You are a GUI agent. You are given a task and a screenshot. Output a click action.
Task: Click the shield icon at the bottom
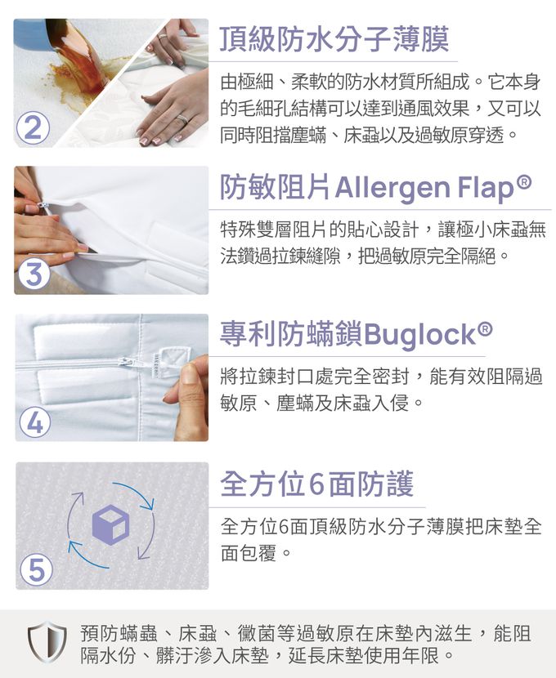click(x=47, y=641)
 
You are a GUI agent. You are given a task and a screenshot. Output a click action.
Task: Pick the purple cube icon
click(x=111, y=525)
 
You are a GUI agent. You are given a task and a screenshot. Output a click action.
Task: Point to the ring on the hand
click(x=182, y=119)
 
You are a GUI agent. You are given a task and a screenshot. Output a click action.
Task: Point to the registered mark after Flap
click(x=524, y=181)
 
